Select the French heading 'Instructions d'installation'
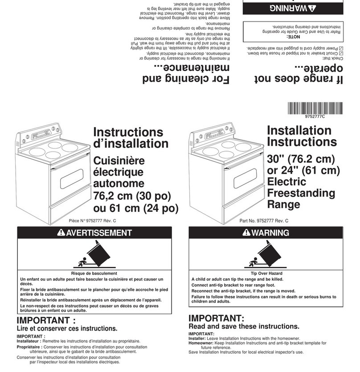coord(131,138)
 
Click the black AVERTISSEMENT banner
coord(94,232)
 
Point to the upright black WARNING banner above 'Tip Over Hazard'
coord(266,232)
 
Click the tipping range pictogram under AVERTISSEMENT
coord(94,255)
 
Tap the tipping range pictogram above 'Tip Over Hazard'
coord(266,255)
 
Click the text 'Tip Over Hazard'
coord(266,273)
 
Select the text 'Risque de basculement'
coord(94,273)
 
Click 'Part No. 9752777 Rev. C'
coord(264,221)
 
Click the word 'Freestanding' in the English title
coord(301,194)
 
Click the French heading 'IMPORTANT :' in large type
coord(46,321)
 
